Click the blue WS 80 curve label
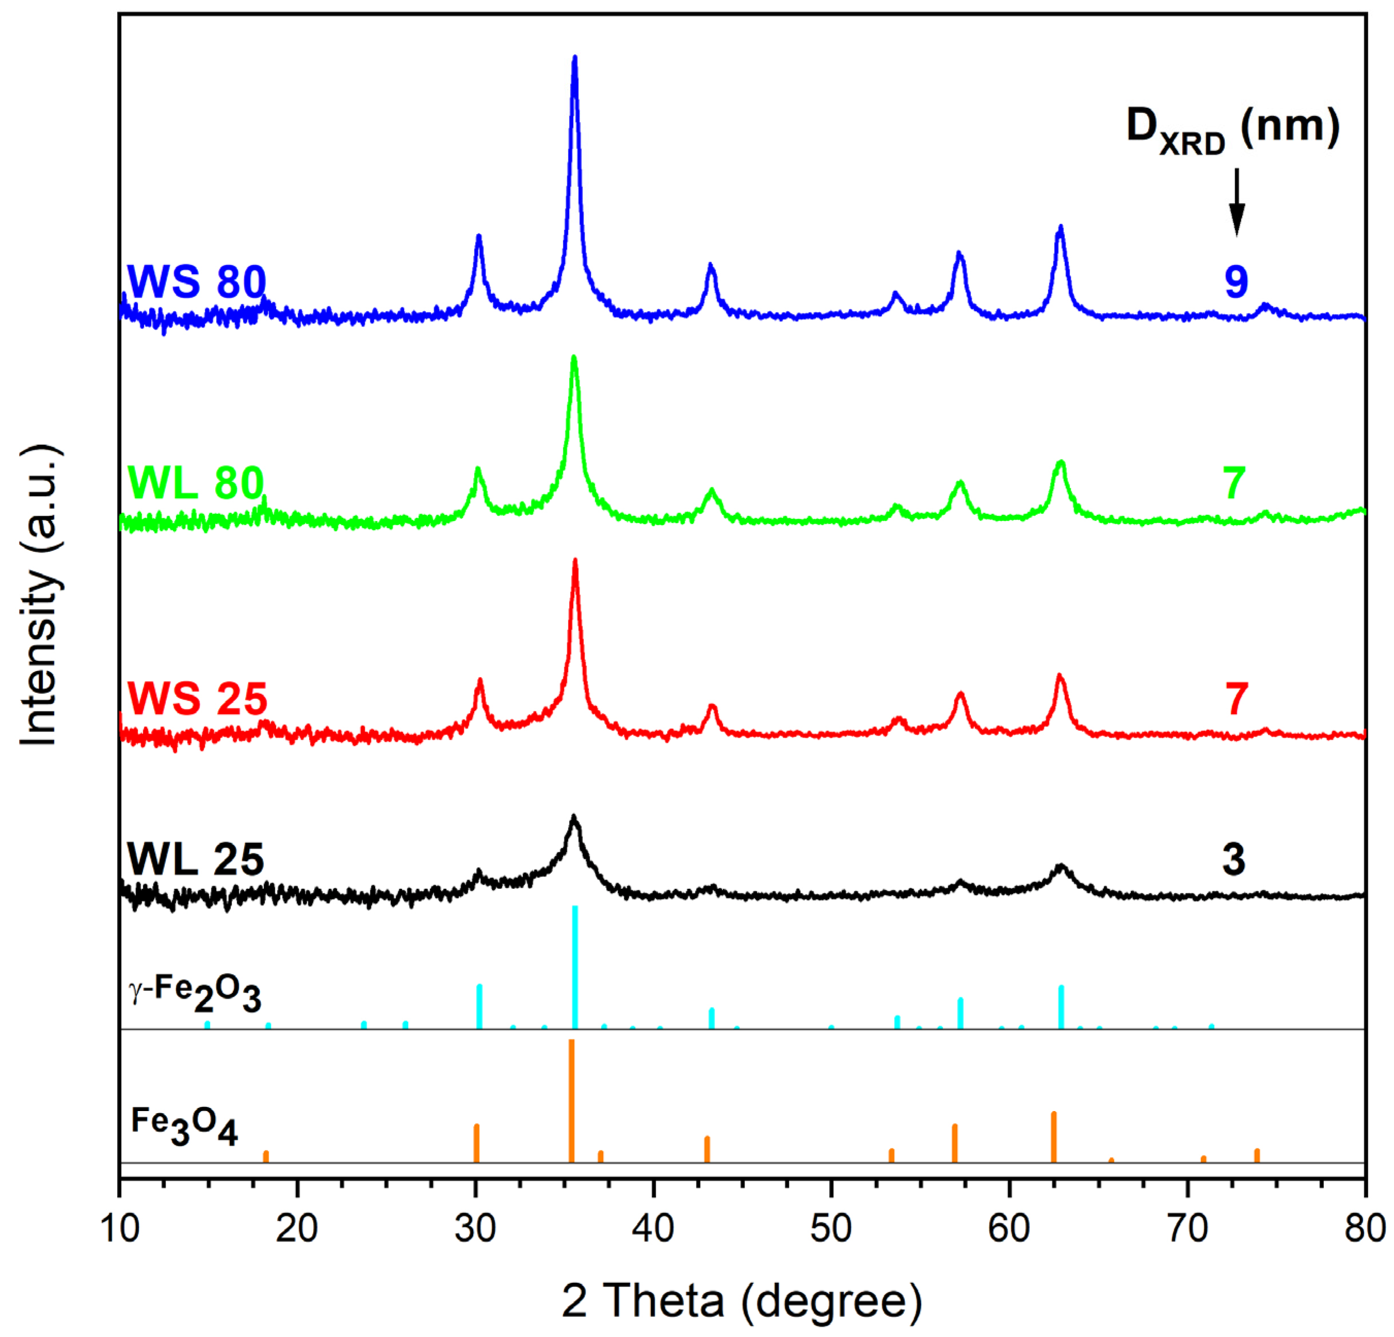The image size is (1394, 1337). (196, 282)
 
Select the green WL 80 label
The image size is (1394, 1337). (196, 484)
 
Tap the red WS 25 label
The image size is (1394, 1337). (198, 698)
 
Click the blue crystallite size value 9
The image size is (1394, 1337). (1236, 282)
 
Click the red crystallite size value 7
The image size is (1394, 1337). (1236, 698)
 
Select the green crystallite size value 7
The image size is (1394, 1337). (1234, 484)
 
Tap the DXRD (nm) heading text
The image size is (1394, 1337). (1233, 129)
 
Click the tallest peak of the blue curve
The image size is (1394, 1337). (575, 59)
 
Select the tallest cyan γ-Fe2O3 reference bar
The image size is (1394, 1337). (575, 967)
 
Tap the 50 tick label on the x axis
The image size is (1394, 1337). (831, 1228)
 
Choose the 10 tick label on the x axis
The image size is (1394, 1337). (120, 1228)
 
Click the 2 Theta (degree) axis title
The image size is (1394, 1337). (742, 1301)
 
